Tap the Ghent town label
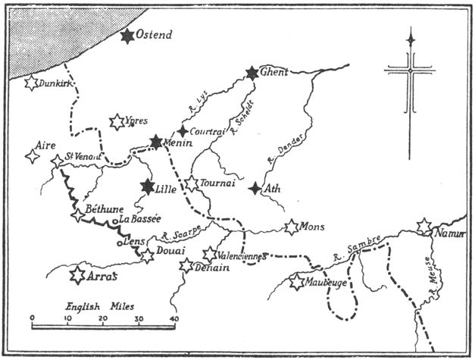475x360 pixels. click(x=275, y=74)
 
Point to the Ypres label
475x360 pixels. click(x=136, y=121)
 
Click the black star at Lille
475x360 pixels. click(x=148, y=186)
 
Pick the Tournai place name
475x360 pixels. click(x=217, y=183)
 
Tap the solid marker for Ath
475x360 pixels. click(x=256, y=188)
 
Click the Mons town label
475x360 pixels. click(x=313, y=227)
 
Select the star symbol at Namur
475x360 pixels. click(x=424, y=226)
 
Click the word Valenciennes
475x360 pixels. click(x=241, y=256)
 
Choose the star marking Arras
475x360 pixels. click(x=77, y=274)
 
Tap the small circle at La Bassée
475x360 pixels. click(x=114, y=221)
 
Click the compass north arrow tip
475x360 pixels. click(x=411, y=30)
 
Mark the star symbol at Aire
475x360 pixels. click(x=32, y=156)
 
